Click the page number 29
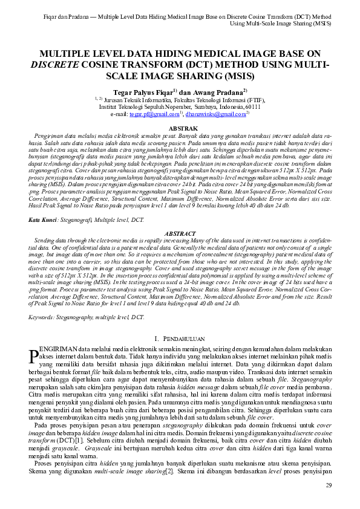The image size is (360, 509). tap(329, 485)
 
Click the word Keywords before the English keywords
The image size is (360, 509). tap(44, 316)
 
